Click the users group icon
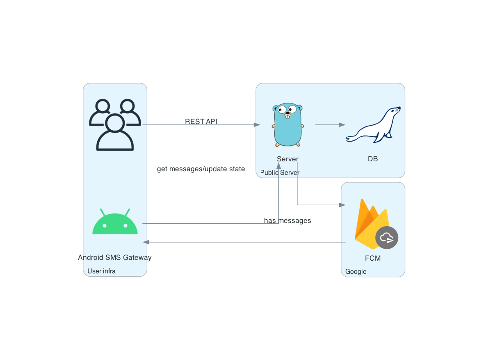click(115, 125)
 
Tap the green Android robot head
click(115, 224)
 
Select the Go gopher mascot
click(288, 125)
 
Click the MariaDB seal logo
click(373, 125)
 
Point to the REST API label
click(201, 122)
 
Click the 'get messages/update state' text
click(201, 169)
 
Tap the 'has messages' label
click(287, 221)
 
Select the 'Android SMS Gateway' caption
click(115, 258)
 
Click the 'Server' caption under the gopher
click(287, 159)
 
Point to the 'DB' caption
click(373, 159)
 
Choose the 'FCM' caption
click(373, 259)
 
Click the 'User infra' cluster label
click(101, 271)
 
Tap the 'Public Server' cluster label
click(280, 173)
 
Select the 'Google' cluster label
click(356, 272)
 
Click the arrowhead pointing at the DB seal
click(342, 125)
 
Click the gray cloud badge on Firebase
click(387, 238)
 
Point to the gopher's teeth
click(288, 117)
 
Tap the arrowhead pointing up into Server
click(278, 165)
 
